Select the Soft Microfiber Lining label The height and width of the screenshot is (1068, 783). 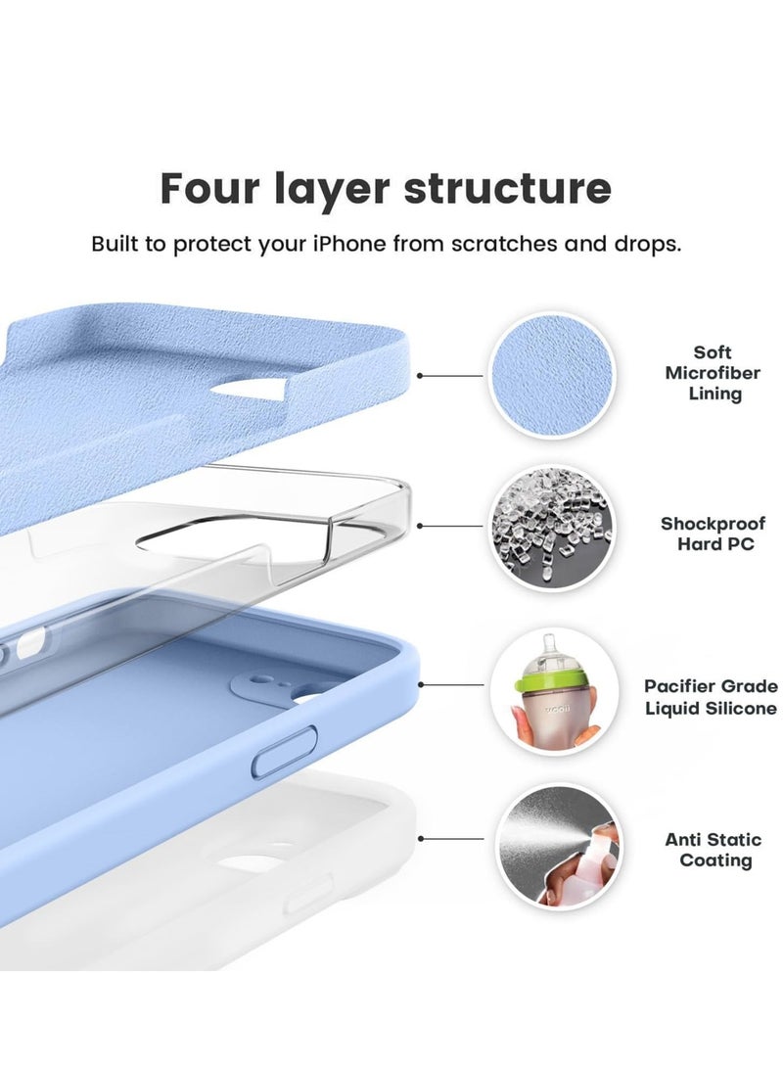pyautogui.click(x=712, y=373)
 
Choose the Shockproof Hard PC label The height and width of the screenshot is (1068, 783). pyautogui.click(x=714, y=534)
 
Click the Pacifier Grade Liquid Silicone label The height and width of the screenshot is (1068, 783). pyautogui.click(x=711, y=697)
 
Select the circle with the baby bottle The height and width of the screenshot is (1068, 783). pyautogui.click(x=552, y=691)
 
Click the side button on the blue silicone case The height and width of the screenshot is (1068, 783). pyautogui.click(x=284, y=751)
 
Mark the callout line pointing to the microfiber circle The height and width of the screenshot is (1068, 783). pyautogui.click(x=452, y=375)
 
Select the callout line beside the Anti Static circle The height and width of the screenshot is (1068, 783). pyautogui.click(x=452, y=839)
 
